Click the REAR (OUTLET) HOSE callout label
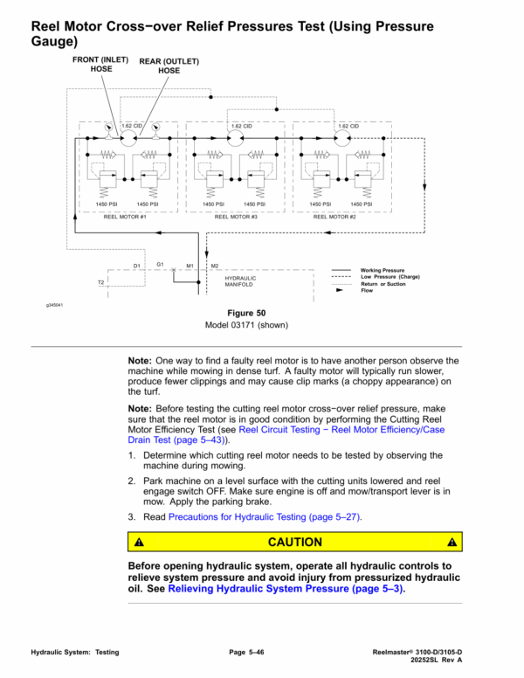[169, 66]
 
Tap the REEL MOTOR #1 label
[125, 216]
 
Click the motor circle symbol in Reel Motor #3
[235, 138]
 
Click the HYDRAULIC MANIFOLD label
[239, 281]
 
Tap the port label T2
[100, 283]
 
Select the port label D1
[137, 265]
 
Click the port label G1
[161, 263]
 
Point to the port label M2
[215, 265]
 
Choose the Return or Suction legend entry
[381, 284]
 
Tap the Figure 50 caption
[246, 313]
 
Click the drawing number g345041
[55, 306]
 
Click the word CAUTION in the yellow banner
[294, 542]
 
